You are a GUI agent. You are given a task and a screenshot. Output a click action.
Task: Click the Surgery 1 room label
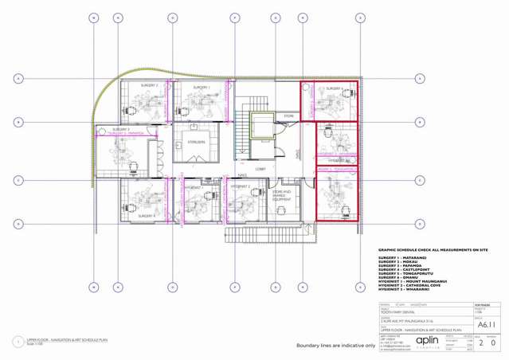(201, 87)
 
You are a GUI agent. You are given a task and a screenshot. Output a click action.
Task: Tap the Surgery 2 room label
(150, 85)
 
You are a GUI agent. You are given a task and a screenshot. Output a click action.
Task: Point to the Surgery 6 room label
(331, 88)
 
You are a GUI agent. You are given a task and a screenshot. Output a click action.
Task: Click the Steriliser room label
(196, 142)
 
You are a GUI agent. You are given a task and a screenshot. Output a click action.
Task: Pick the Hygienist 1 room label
(194, 186)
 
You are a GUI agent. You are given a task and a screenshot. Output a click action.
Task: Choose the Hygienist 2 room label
(241, 186)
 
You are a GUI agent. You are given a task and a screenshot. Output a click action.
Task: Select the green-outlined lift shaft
(260, 128)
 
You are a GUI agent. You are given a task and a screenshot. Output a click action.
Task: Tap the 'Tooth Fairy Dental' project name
(396, 311)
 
